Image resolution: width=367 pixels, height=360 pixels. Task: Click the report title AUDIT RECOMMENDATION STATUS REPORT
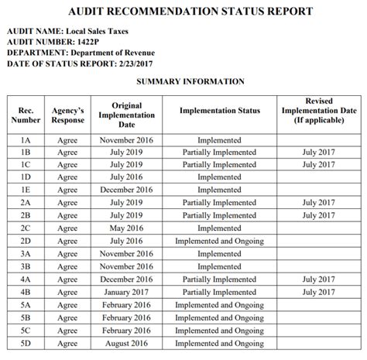point(183,12)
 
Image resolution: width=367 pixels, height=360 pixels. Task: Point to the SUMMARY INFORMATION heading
point(190,81)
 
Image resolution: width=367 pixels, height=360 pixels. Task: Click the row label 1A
point(26,141)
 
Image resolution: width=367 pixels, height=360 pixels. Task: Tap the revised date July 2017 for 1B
point(318,153)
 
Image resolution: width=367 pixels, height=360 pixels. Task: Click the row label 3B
point(26,266)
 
